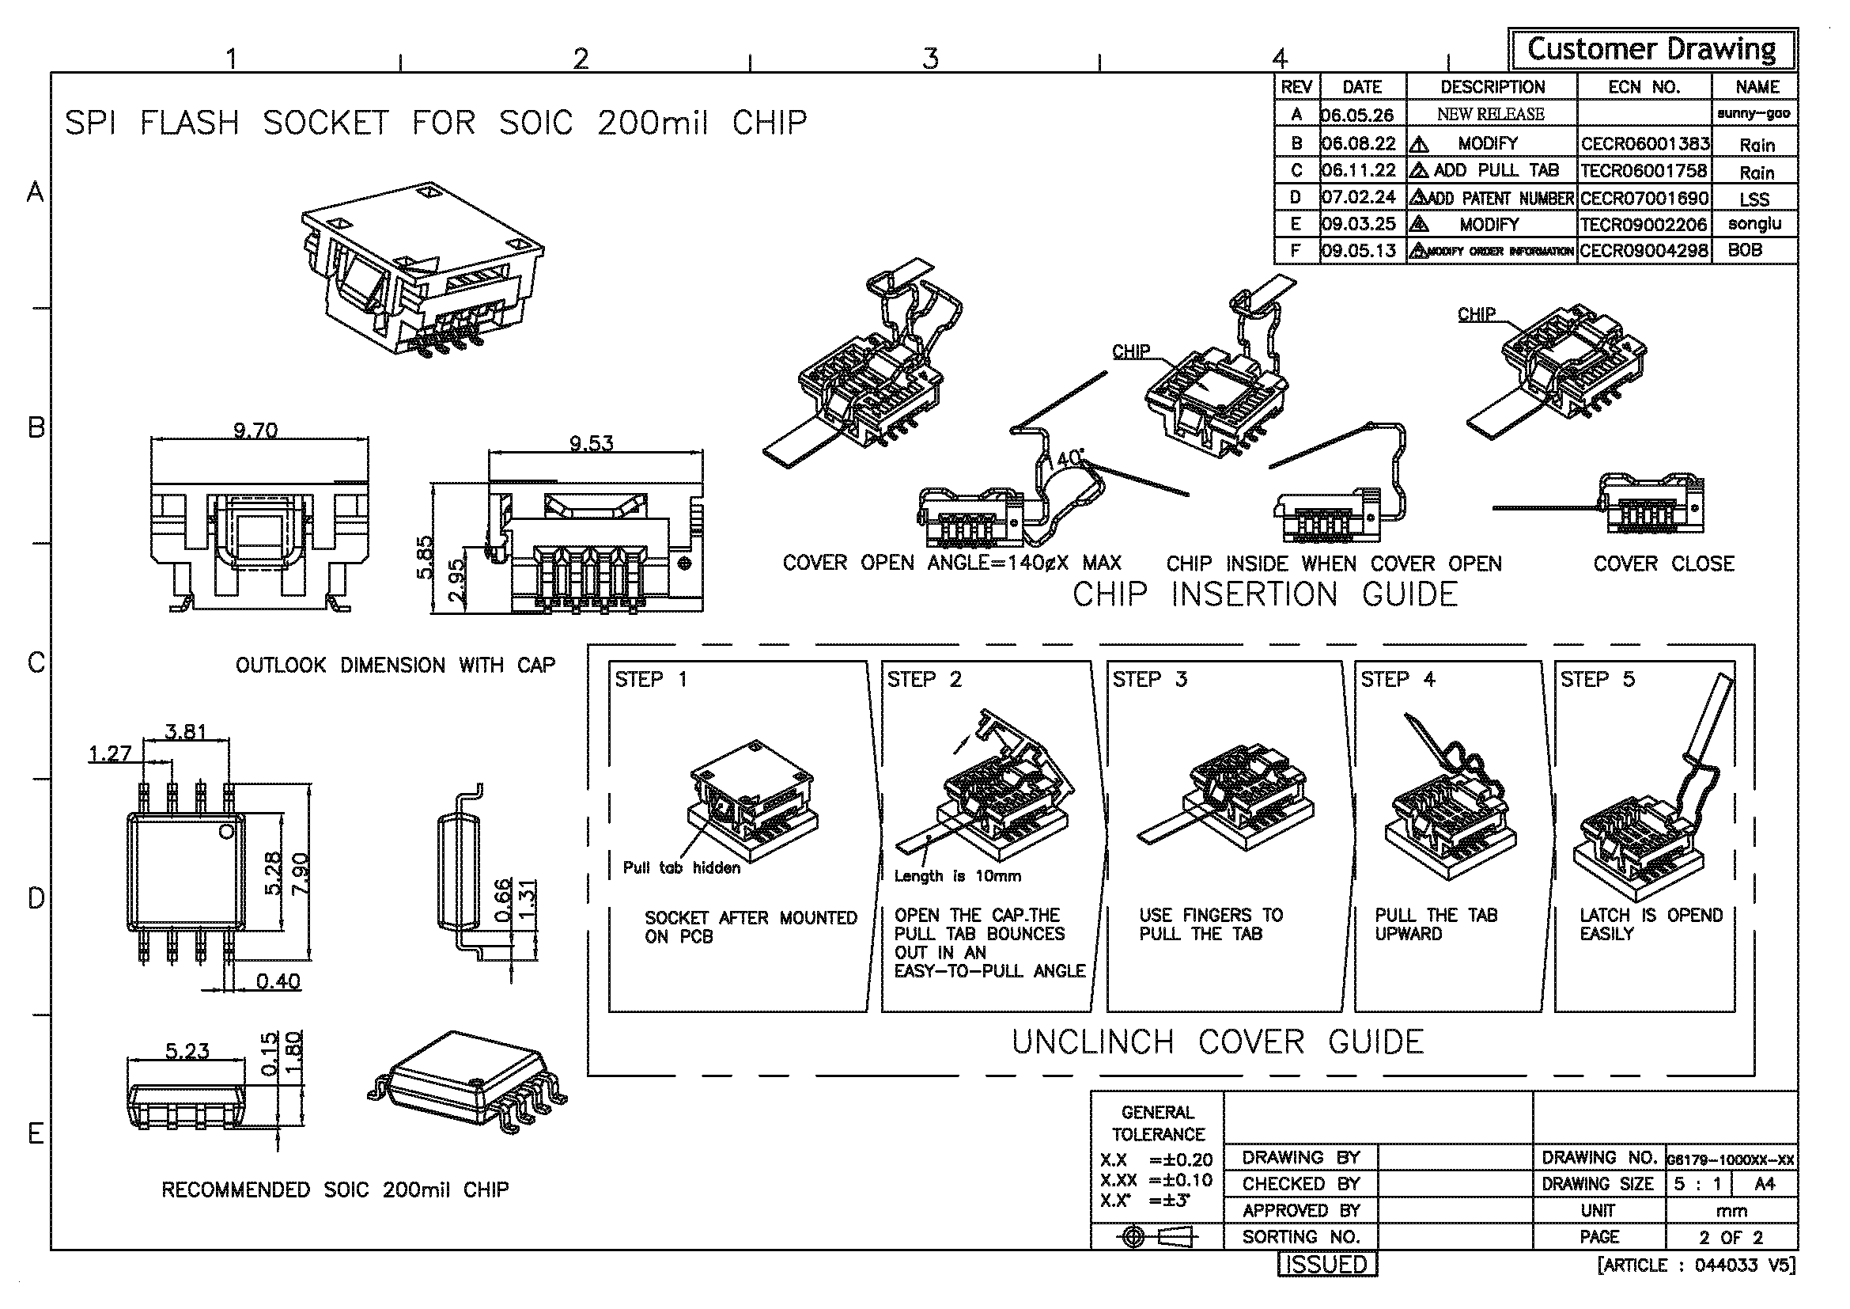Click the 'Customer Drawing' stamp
1651,50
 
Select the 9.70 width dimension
255,431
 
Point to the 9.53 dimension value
592,442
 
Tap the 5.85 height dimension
425,556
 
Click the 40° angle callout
1069,457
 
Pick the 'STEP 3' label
1150,680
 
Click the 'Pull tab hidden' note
682,867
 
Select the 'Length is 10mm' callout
957,876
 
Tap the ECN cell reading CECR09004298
1644,251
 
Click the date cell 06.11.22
1359,171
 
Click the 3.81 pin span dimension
185,731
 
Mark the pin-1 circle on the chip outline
227,830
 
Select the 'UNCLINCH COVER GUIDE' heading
1217,1042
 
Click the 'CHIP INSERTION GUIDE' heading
1265,595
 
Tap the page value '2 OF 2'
1731,1237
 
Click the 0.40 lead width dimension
278,981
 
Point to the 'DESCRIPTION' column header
1492,87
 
